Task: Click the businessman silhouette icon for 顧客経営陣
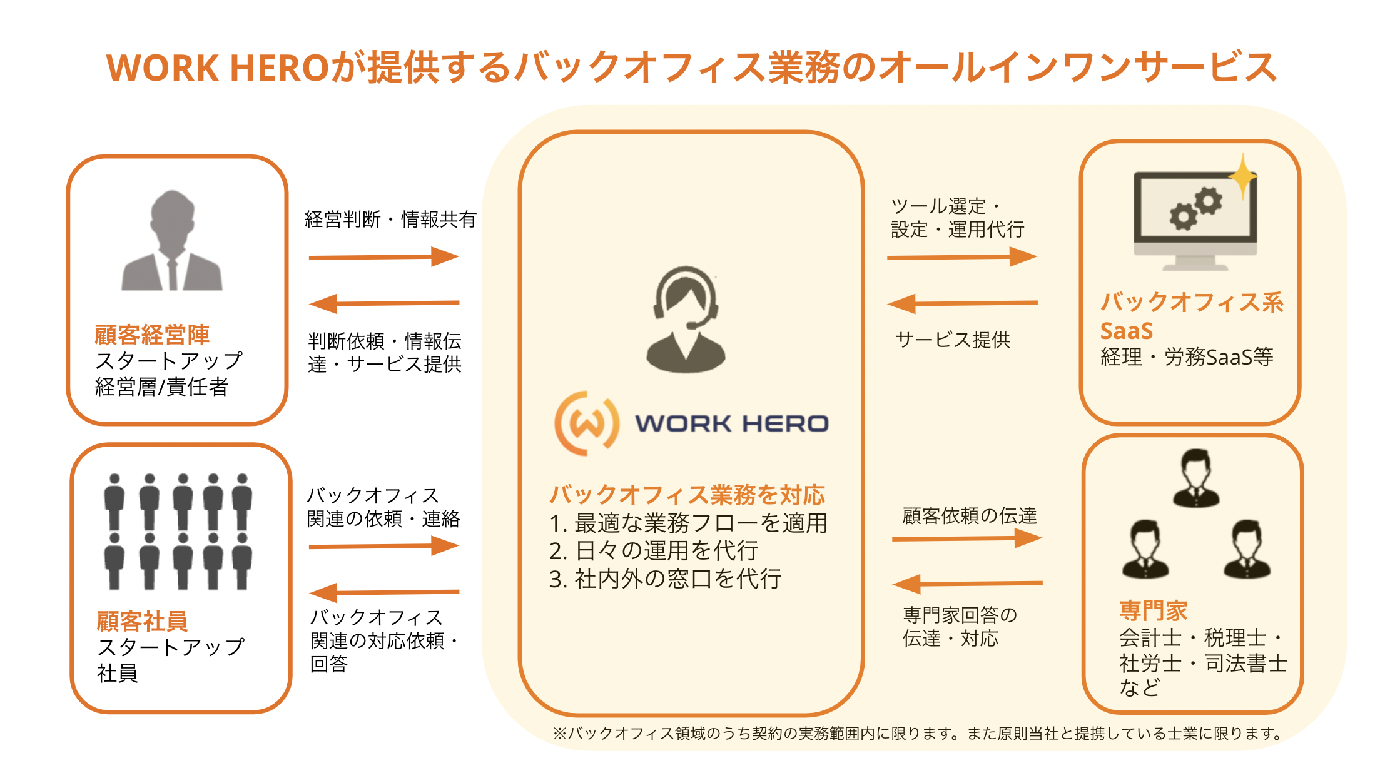(172, 241)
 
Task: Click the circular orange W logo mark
(587, 423)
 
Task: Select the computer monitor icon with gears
(1194, 219)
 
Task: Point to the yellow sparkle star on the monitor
(1242, 177)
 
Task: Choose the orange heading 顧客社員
(142, 621)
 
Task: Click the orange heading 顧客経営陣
(152, 335)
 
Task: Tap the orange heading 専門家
(1153, 610)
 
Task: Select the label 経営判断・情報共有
(390, 220)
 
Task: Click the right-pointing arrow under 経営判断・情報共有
(383, 256)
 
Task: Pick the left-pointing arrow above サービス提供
(962, 304)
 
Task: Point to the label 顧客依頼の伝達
(969, 515)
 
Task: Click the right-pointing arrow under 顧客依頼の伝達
(966, 538)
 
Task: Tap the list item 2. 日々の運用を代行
(653, 551)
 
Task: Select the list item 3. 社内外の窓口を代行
(664, 579)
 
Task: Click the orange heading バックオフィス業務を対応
(687, 495)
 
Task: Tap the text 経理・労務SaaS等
(1187, 357)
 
